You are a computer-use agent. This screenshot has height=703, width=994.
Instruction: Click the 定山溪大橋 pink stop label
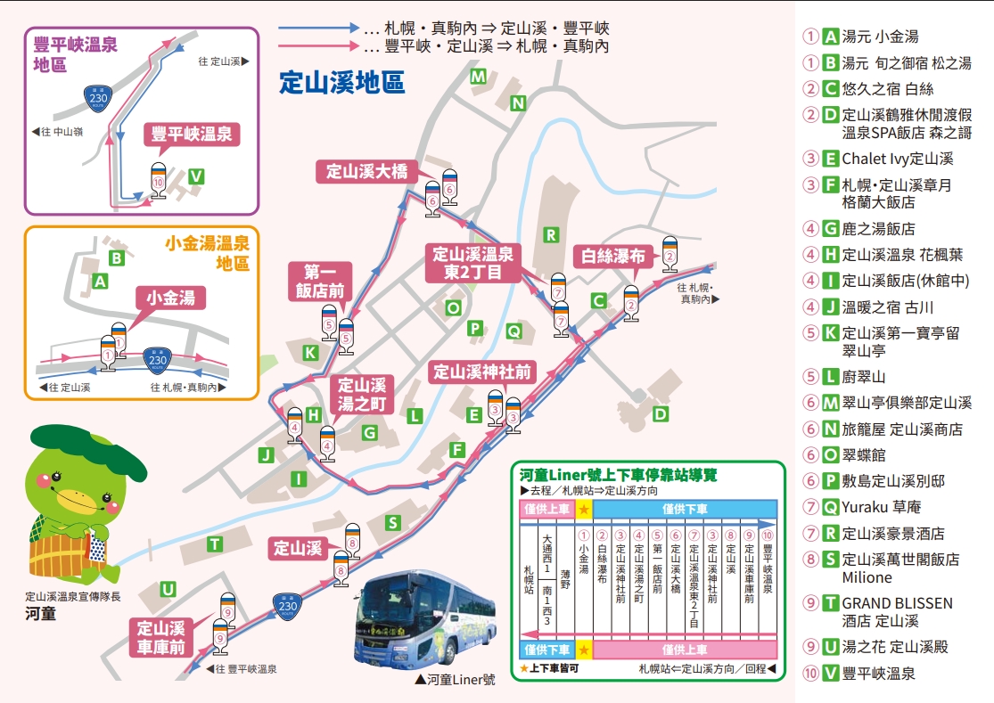pos(366,172)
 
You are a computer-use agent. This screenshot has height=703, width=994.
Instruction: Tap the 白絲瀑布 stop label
pos(612,257)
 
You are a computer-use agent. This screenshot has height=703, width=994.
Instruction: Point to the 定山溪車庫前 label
pos(161,637)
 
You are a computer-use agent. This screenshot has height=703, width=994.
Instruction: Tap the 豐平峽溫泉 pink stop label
pos(192,135)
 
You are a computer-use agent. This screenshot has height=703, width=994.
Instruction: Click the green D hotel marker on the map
pos(661,413)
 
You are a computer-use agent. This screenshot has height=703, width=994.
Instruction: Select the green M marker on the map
pos(479,77)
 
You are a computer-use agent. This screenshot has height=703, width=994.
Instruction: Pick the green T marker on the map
pos(215,544)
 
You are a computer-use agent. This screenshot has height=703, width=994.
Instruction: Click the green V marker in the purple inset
pos(196,176)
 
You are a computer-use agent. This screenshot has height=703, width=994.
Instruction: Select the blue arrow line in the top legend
pos(317,28)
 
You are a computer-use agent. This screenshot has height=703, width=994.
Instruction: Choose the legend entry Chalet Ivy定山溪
pos(898,159)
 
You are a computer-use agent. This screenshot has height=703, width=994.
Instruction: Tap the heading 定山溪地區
pos(342,83)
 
